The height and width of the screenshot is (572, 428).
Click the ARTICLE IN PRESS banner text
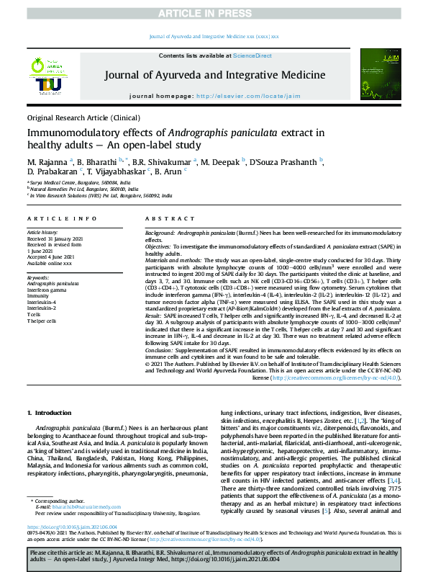pyautogui.click(x=214, y=9)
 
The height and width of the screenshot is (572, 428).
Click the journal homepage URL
pyautogui.click(x=249, y=96)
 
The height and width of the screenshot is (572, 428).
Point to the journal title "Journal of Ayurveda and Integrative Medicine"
pyautogui.click(x=214, y=74)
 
